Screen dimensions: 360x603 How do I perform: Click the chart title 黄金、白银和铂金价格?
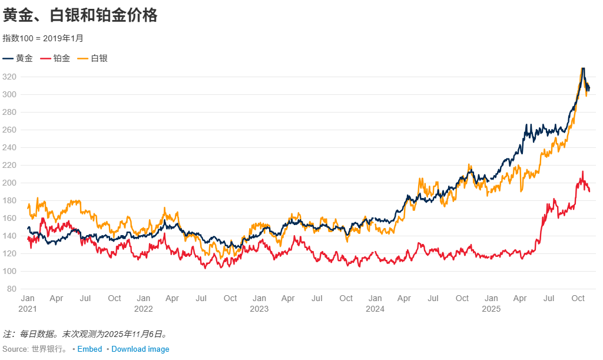coord(81,16)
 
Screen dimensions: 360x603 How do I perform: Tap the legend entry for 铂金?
coord(55,58)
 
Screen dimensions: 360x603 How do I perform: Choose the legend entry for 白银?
coord(93,58)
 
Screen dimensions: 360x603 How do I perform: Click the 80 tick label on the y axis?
coord(11,289)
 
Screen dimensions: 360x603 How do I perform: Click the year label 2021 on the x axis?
coord(28,309)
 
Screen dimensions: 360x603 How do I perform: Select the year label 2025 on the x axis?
coord(491,309)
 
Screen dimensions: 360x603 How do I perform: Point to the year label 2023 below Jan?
coord(259,309)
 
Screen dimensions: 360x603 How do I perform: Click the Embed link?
coord(90,349)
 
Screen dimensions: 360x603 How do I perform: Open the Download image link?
coord(140,349)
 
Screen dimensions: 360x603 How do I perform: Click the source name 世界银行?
coord(49,349)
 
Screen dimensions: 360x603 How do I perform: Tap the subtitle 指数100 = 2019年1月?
coord(44,38)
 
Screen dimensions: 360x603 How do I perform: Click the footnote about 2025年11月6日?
coord(86,334)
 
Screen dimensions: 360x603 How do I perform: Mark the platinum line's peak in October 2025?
coord(583,172)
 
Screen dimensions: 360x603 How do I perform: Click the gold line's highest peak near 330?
coord(582,69)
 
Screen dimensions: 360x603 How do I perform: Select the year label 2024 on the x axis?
coord(375,309)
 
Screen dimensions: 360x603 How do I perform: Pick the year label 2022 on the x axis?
coord(144,309)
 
